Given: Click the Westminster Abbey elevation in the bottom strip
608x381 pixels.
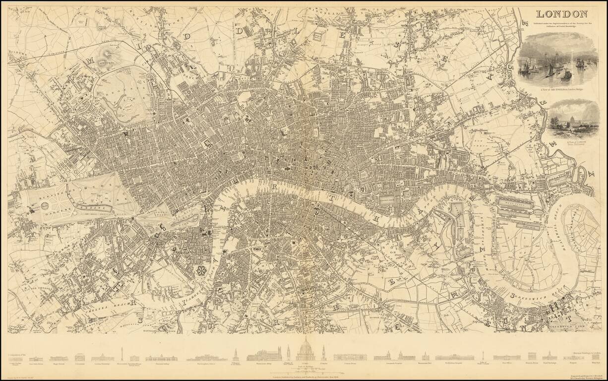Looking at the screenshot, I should (x=264, y=354).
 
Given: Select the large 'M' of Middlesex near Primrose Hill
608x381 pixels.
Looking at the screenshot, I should (x=91, y=62).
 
